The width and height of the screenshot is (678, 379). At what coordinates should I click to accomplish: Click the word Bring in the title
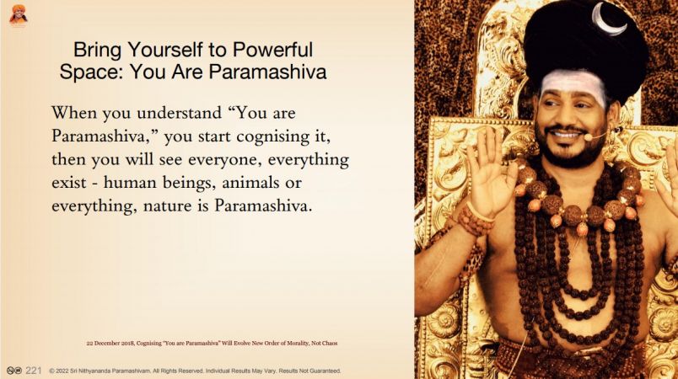98,50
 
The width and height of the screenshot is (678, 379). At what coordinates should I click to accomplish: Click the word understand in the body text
179,113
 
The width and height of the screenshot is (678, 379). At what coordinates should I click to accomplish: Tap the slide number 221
33,371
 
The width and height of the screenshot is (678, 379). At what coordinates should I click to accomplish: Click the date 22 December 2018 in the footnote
110,343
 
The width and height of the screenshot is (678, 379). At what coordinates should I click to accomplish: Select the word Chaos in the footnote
330,343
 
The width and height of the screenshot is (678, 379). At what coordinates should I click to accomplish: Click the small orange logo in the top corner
19,14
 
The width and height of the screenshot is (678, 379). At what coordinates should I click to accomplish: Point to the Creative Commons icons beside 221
14,371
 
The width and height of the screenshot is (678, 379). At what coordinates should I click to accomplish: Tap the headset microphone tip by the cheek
587,137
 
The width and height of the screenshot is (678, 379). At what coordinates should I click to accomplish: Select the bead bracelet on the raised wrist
476,219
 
